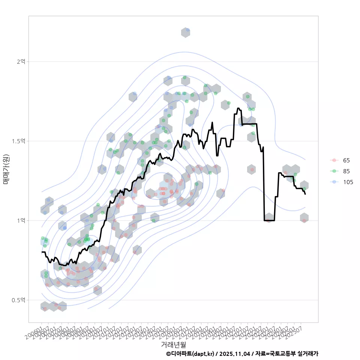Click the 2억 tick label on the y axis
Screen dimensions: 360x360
pos(21,61)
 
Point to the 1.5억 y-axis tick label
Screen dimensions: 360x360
pos(19,141)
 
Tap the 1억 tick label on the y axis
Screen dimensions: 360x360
pos(21,220)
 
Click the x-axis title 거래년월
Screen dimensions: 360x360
pos(173,344)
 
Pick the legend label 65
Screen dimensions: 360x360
pos(346,160)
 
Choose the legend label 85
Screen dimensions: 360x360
pos(346,171)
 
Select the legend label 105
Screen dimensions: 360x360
pos(348,182)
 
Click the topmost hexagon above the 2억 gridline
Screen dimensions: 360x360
pos(186,32)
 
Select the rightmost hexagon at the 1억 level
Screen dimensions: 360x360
pos(304,218)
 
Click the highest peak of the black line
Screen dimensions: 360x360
pos(238,108)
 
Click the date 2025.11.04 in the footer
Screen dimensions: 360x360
pos(235,354)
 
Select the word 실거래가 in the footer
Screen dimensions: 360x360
pos(308,354)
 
